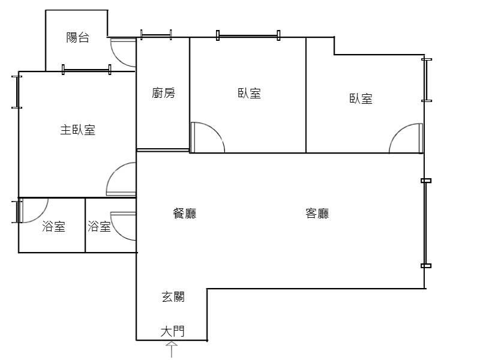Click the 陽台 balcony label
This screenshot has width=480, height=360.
(x=78, y=38)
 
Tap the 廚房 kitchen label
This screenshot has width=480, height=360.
(x=163, y=93)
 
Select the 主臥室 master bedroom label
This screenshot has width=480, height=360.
(x=77, y=130)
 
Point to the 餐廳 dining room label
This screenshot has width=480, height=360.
(x=184, y=213)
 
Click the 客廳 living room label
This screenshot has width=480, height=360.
(x=317, y=213)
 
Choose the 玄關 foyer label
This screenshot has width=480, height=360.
(x=173, y=296)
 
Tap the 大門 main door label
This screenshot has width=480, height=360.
(x=173, y=331)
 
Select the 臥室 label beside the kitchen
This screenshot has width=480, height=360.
(x=249, y=93)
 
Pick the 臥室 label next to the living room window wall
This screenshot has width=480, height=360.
(x=361, y=99)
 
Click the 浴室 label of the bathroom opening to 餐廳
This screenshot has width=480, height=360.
(x=99, y=227)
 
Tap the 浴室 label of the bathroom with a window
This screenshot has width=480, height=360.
(x=54, y=227)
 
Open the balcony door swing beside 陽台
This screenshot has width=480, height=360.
(x=123, y=52)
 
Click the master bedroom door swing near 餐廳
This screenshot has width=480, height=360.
(x=122, y=179)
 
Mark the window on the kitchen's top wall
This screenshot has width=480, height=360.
(x=155, y=35)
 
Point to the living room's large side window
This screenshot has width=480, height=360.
(x=426, y=223)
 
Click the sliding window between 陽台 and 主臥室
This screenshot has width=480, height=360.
(x=86, y=70)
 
